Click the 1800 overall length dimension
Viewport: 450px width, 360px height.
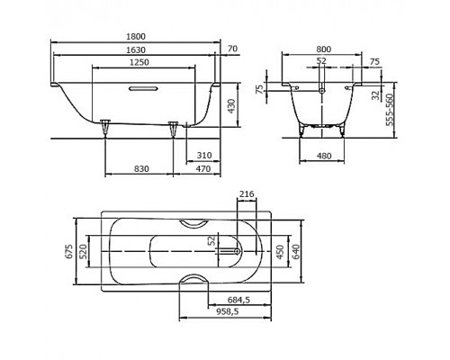pyautogui.click(x=136, y=37)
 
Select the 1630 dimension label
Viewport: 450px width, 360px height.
pyautogui.click(x=136, y=49)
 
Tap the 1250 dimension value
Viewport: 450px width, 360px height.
pyautogui.click(x=139, y=62)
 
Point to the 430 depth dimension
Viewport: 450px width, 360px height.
pyautogui.click(x=231, y=106)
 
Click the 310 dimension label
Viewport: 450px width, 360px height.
pyautogui.click(x=204, y=156)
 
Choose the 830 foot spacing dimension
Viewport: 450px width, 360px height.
pyautogui.click(x=141, y=169)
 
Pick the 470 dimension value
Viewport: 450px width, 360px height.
pyautogui.click(x=203, y=169)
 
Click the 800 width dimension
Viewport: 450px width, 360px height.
pyautogui.click(x=323, y=49)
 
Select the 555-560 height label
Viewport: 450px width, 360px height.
pyautogui.click(x=390, y=110)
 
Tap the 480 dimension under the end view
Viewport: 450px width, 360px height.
pyautogui.click(x=324, y=156)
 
